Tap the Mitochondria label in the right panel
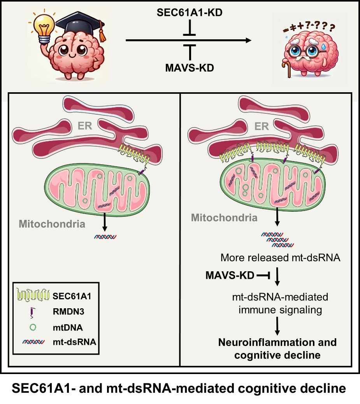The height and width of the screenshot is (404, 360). [224, 218]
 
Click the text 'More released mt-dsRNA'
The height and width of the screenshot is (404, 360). [281, 258]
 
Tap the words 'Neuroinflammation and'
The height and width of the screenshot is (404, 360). [277, 343]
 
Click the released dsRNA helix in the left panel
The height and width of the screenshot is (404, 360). [104, 236]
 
